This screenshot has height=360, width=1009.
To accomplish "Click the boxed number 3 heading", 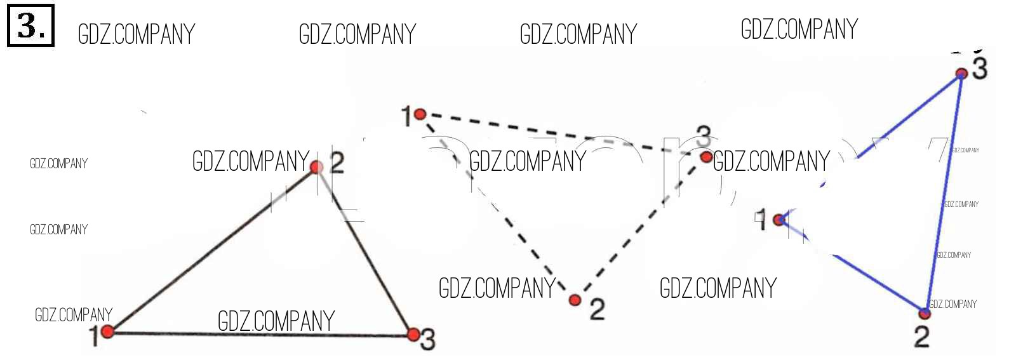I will pyautogui.click(x=30, y=25).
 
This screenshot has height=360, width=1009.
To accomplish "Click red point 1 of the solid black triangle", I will pyautogui.click(x=108, y=331).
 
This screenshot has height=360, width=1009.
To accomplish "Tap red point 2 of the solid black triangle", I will pyautogui.click(x=316, y=167).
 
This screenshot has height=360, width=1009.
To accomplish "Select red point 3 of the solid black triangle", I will pyautogui.click(x=413, y=334).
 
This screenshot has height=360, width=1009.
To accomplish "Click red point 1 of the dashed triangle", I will pyautogui.click(x=420, y=114).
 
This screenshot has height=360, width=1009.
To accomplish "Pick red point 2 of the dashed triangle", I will pyautogui.click(x=575, y=300).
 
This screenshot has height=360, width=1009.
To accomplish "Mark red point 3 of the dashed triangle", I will pyautogui.click(x=706, y=156).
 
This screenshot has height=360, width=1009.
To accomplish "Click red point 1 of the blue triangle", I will pyautogui.click(x=779, y=220).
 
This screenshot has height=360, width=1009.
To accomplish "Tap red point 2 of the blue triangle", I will pyautogui.click(x=925, y=313).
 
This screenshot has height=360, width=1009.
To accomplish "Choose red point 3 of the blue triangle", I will pyautogui.click(x=961, y=74).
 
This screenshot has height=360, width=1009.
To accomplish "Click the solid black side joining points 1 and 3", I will pyautogui.click(x=260, y=333).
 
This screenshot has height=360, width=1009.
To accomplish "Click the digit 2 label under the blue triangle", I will pyautogui.click(x=922, y=336).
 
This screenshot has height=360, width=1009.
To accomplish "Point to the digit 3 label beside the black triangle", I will pyautogui.click(x=429, y=340).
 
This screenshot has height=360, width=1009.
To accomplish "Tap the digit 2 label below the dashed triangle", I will pyautogui.click(x=597, y=310).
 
